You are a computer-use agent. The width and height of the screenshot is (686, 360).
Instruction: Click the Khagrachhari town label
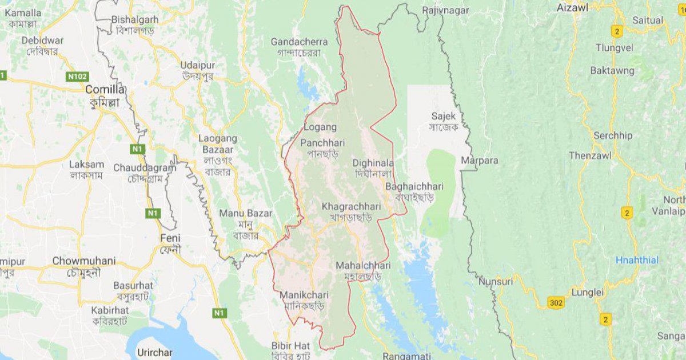point(351,206)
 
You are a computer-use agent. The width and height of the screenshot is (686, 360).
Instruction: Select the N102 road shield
point(77,76)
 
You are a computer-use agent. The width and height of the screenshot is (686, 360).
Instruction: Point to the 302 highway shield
point(555,302)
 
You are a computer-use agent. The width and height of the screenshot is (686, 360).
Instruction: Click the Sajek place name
point(444,116)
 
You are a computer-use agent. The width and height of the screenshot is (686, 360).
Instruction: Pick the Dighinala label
point(373,162)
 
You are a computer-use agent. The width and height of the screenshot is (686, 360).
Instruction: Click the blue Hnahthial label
point(637,260)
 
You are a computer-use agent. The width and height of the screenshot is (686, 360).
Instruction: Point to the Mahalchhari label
point(363,266)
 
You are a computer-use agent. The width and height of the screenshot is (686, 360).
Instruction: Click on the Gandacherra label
point(299,42)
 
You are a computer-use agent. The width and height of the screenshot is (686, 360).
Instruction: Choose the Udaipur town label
point(197,65)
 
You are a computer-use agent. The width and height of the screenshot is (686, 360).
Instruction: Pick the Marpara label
point(480,161)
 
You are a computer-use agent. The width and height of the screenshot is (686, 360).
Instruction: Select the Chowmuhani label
point(83,261)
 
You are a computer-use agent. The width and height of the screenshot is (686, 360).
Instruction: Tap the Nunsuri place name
point(496,281)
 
